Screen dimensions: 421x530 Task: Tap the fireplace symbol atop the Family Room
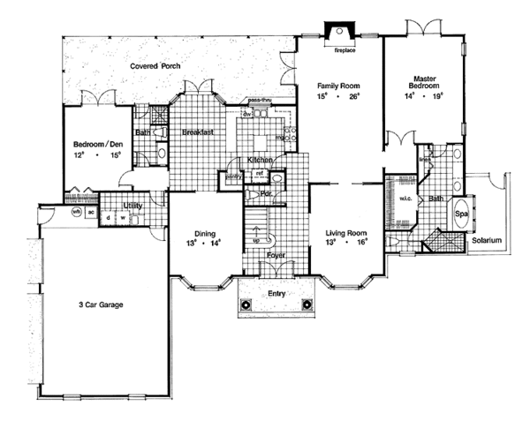(x=339, y=32)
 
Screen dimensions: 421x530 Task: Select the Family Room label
(x=340, y=86)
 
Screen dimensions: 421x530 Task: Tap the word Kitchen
(x=258, y=160)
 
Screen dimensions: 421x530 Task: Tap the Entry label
(x=277, y=290)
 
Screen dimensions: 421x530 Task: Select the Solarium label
(x=486, y=240)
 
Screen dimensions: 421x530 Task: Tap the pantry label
(x=233, y=177)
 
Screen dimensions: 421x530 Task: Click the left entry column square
(x=247, y=304)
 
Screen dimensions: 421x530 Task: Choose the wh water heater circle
(x=77, y=212)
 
